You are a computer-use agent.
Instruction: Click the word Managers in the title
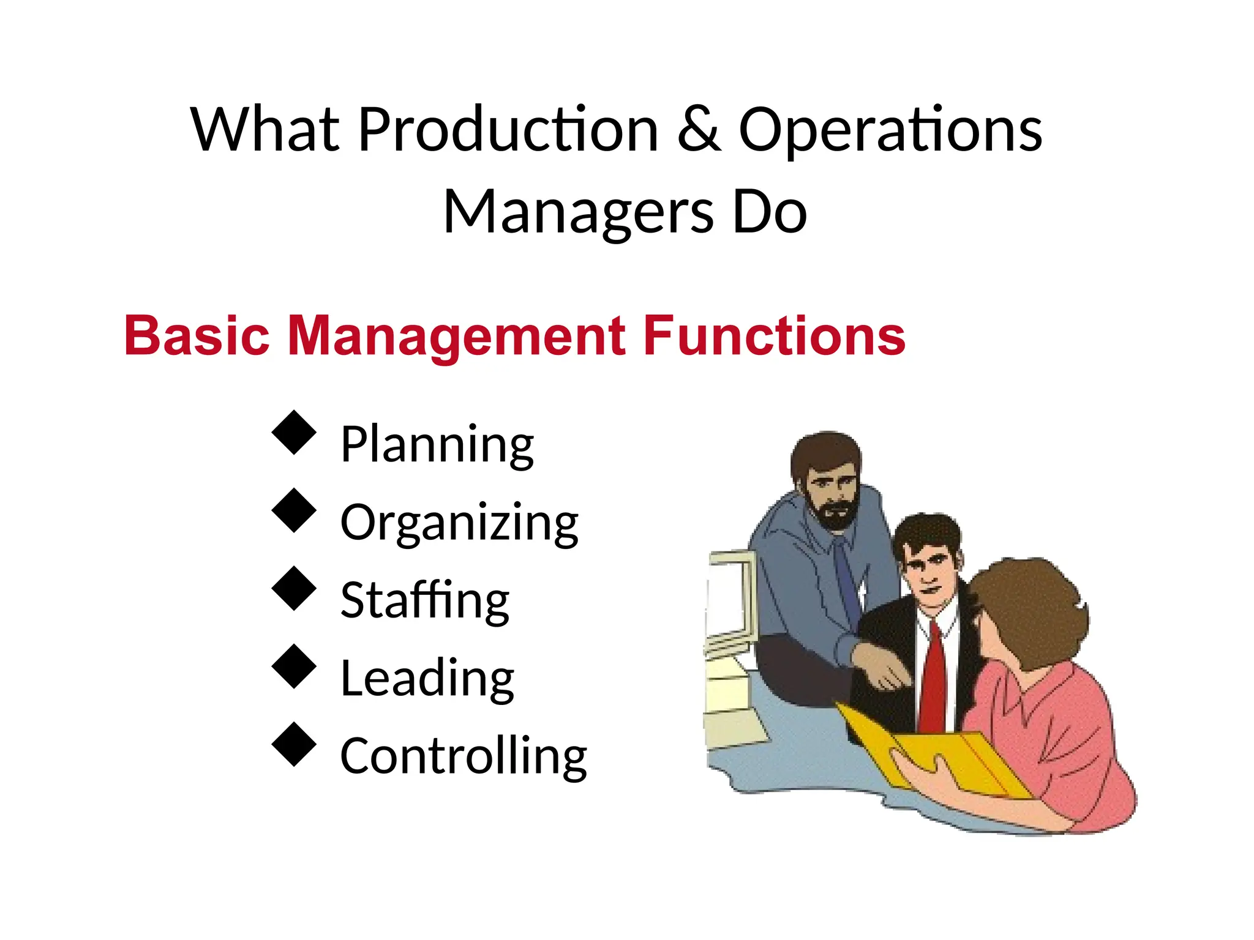coord(578,212)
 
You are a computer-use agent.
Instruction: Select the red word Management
coord(456,337)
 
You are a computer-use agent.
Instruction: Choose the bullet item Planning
coord(437,444)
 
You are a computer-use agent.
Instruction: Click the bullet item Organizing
coord(459,523)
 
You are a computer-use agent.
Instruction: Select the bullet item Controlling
coord(464,756)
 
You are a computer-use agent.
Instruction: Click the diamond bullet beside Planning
coord(294,432)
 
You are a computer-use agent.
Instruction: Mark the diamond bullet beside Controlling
coord(294,744)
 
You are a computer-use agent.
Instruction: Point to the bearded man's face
coord(830,490)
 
